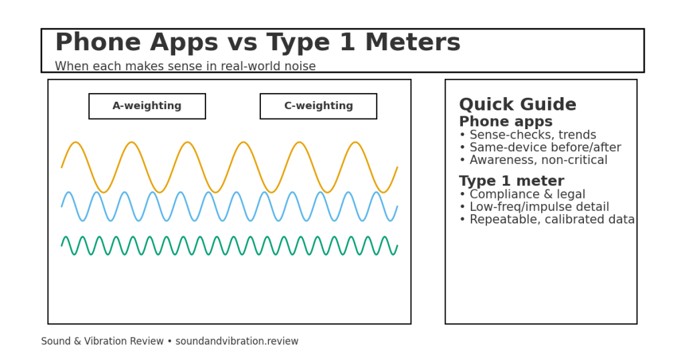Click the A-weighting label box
[x=147, y=106]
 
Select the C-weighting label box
[x=318, y=106]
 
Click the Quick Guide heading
[x=517, y=105]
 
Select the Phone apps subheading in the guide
[x=505, y=122]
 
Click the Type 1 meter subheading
[x=511, y=181]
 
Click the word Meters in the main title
[x=412, y=43]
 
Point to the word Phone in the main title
[x=98, y=43]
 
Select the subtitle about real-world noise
[x=185, y=67]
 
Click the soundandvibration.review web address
[x=237, y=342]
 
